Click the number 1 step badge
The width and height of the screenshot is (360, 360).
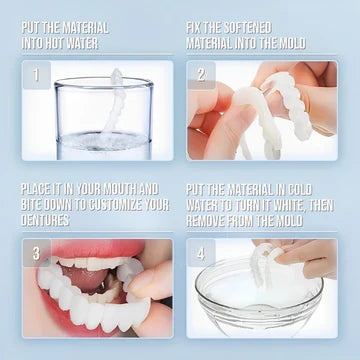37,75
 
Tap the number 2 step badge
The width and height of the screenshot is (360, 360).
200,75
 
